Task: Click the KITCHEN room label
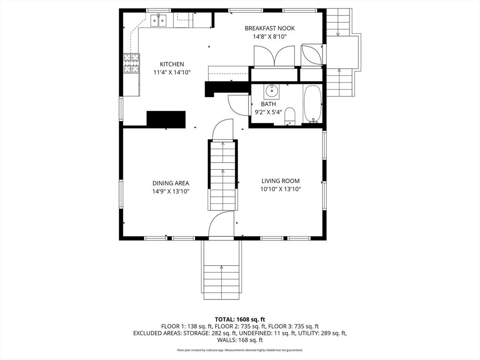(172, 64)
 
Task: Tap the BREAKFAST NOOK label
(270, 29)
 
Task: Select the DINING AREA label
(171, 183)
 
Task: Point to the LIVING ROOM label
(280, 181)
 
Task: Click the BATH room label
(268, 104)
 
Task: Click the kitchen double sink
(158, 20)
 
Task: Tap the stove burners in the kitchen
(131, 63)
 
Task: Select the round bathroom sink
(271, 90)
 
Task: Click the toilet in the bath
(290, 117)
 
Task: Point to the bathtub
(313, 104)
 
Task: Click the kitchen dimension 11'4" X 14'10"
(172, 73)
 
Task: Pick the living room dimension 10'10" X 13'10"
(280, 189)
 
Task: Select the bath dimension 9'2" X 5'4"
(268, 112)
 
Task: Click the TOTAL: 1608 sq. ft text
(240, 320)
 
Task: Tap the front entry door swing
(221, 224)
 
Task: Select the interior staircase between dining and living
(223, 175)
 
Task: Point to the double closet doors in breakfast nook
(274, 56)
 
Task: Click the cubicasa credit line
(240, 350)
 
